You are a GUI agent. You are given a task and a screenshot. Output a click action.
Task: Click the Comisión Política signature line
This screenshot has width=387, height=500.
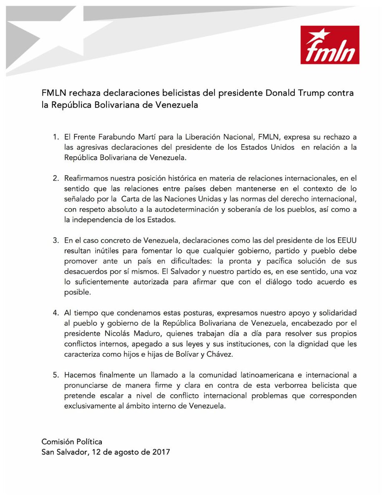(x=71, y=441)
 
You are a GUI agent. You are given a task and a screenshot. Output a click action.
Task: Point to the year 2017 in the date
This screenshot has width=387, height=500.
(x=160, y=452)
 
